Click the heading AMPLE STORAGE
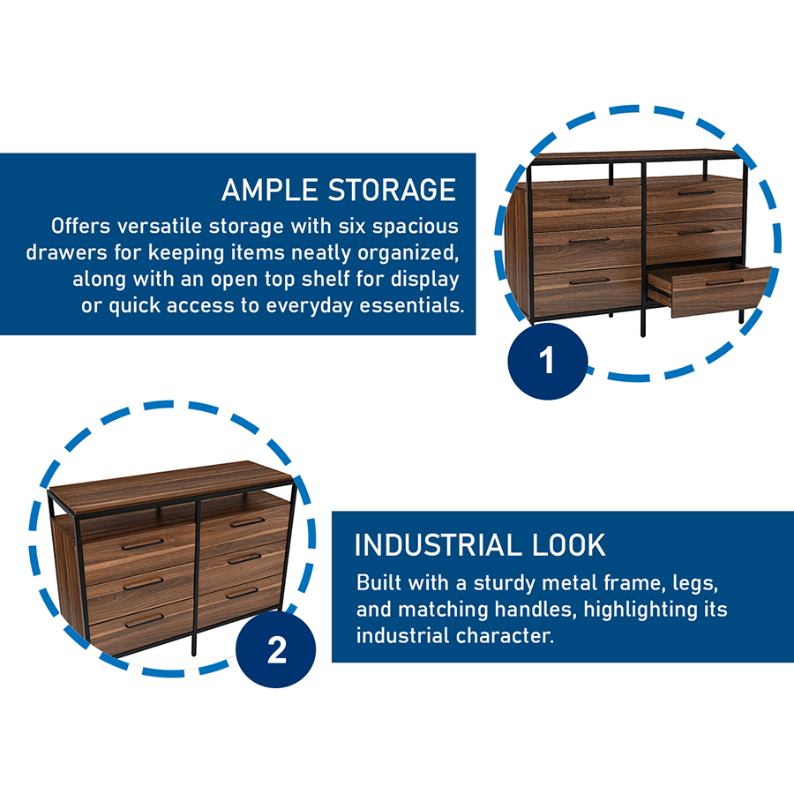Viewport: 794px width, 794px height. coord(338,190)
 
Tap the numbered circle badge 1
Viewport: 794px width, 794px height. coord(547,361)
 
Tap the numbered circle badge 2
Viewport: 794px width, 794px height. coord(276,650)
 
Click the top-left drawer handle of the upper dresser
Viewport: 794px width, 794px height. coord(588,198)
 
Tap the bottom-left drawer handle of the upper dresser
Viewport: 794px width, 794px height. coord(588,281)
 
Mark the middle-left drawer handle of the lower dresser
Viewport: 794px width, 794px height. coord(143,582)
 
